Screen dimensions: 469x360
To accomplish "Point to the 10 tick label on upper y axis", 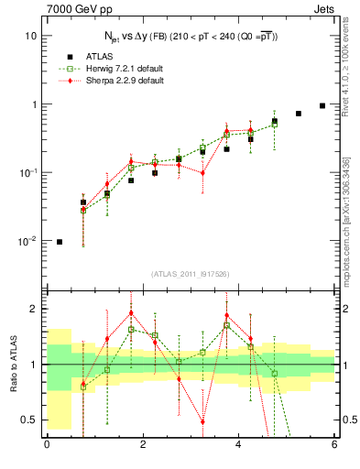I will point(30,36).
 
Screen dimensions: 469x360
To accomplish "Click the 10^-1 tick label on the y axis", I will point(28,173).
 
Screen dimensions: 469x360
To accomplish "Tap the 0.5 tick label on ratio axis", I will point(28,420).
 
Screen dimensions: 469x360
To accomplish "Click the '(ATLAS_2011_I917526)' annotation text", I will point(191,274).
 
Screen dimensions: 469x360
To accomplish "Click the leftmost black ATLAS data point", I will point(60,242).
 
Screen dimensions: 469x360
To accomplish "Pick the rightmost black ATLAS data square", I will point(322,105).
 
